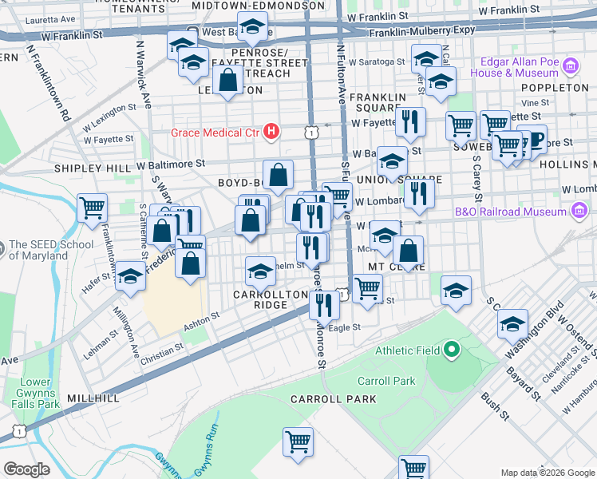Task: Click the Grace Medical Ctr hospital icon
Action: (272, 130)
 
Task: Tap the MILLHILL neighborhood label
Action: (93, 398)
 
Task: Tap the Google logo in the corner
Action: (26, 469)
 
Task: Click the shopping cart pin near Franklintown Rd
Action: (93, 208)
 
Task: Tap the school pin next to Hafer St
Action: (130, 276)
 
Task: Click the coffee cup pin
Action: (532, 139)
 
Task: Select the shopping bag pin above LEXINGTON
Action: (228, 80)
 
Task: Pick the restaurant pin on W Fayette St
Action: (410, 121)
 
